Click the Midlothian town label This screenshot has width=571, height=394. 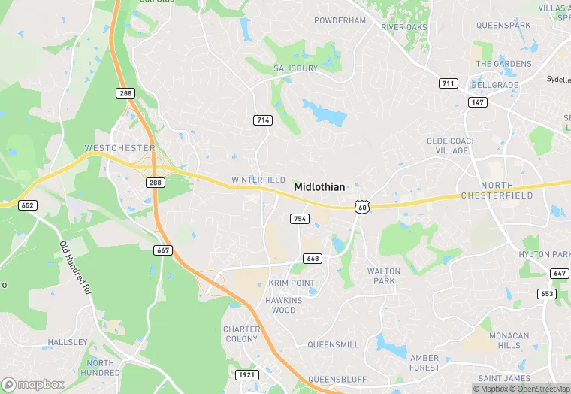tap(319, 186)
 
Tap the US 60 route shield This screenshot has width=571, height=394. tap(362, 206)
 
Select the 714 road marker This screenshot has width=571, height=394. tap(262, 120)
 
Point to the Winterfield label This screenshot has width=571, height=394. tap(258, 180)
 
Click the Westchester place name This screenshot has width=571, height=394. tap(120, 148)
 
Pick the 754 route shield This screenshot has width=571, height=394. tap(300, 219)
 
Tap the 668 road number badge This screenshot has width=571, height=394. tap(313, 259)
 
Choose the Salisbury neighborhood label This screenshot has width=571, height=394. tap(295, 68)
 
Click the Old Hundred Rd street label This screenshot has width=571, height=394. tap(75, 267)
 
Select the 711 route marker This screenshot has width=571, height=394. tap(449, 83)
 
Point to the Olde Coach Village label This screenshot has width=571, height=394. tap(452, 146)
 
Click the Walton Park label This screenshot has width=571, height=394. tap(384, 276)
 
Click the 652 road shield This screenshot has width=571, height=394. tap(28, 205)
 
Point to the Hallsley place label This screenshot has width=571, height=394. tap(68, 342)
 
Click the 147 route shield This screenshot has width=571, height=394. tap(478, 101)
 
